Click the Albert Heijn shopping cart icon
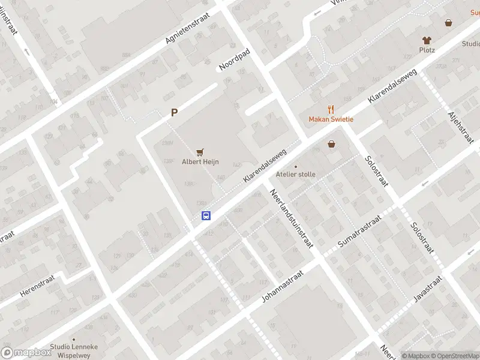pyautogui.click(x=200, y=152)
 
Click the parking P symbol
pyautogui.click(x=175, y=112)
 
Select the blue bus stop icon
pyautogui.click(x=206, y=216)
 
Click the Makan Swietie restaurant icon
pyautogui.click(x=331, y=109)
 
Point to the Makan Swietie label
pyautogui.click(x=331, y=119)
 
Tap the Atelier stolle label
pyautogui.click(x=295, y=174)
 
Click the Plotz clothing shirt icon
pyautogui.click(x=427, y=40)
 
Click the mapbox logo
pyautogui.click(x=27, y=352)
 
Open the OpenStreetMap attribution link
pyautogui.click(x=454, y=356)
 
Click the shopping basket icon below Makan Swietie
pyautogui.click(x=331, y=144)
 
